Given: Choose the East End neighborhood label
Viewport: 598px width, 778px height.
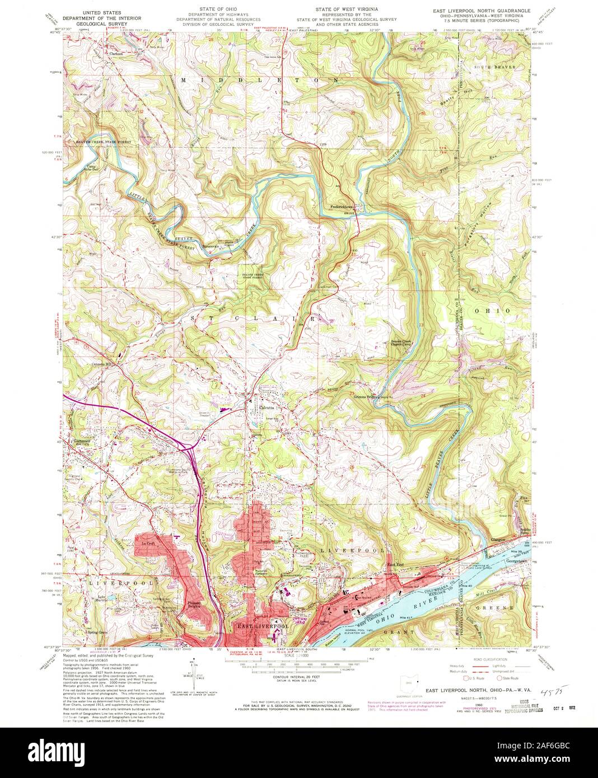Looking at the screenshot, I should (x=395, y=564).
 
